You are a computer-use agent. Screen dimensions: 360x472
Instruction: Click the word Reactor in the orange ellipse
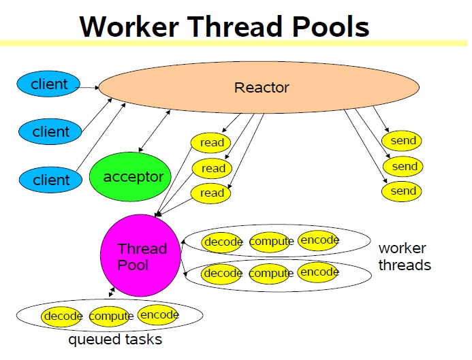(262, 88)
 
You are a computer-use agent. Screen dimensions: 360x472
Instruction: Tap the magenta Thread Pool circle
(142, 256)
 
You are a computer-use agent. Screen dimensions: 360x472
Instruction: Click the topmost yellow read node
(212, 143)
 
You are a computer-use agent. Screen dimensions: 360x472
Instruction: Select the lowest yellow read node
(211, 193)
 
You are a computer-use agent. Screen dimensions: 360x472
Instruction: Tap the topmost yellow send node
(403, 141)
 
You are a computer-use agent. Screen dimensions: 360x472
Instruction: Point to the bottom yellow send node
(403, 191)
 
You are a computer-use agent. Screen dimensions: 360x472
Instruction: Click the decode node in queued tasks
(63, 316)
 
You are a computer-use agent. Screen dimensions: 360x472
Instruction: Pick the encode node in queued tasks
(158, 315)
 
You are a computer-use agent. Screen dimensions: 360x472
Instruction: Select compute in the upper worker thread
(271, 241)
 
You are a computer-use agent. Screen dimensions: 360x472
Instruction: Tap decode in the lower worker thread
(223, 273)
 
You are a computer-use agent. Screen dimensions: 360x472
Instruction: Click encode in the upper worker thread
(319, 240)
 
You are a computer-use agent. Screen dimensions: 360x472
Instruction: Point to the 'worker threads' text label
(405, 257)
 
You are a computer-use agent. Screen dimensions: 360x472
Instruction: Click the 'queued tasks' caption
(115, 338)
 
